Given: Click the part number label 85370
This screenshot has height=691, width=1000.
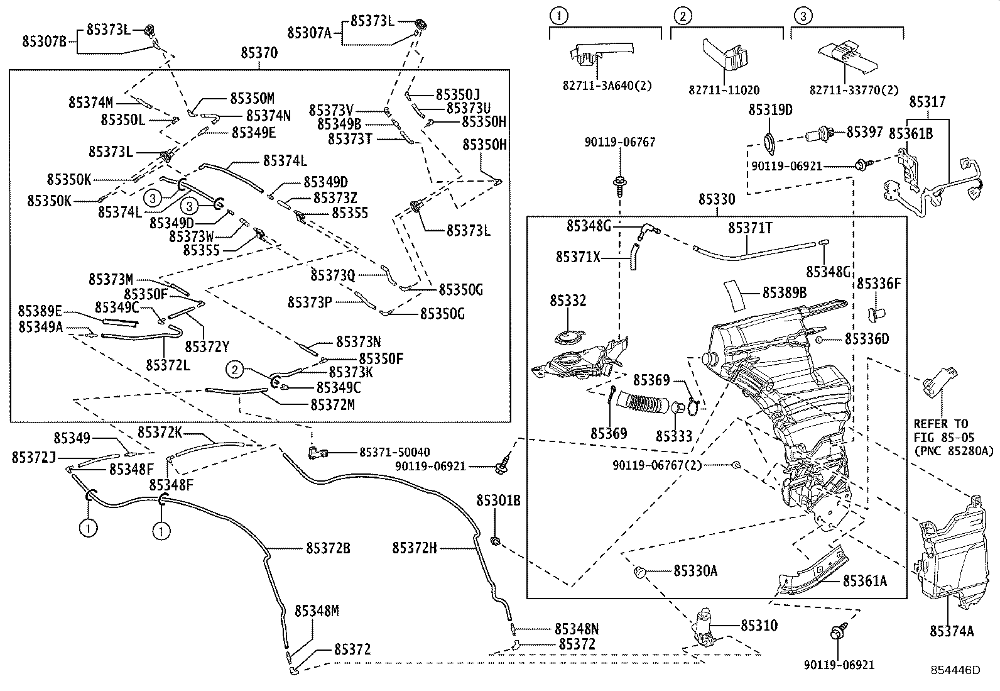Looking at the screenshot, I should [258, 53].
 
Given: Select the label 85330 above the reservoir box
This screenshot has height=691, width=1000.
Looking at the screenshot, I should [716, 200].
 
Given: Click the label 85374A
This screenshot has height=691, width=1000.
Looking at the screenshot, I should [951, 631].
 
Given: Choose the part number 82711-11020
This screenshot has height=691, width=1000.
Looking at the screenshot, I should [724, 89].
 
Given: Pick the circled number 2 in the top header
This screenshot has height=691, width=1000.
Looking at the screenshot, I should [683, 16].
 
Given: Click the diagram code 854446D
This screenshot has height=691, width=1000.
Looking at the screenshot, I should [955, 670].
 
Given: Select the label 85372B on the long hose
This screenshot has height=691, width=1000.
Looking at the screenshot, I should [327, 548].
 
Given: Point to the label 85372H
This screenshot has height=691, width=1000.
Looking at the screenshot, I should [414, 548].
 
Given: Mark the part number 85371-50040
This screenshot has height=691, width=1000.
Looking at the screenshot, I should [394, 452].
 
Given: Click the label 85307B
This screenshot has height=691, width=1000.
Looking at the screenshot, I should [44, 41].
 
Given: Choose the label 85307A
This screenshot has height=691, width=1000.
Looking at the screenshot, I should [309, 32].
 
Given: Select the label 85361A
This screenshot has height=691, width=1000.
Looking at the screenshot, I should [864, 581].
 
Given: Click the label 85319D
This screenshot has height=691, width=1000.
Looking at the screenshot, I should [770, 110].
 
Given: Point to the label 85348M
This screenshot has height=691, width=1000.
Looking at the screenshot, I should [317, 611].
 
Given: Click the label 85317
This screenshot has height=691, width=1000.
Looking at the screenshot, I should [927, 102].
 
